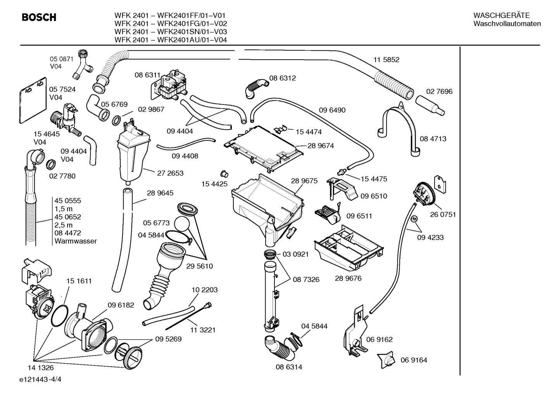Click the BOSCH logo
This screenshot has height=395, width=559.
39,17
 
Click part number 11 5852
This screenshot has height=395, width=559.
386,60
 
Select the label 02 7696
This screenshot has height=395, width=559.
439,91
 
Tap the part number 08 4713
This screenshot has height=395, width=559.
433,139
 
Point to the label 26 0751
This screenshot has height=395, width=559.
443,214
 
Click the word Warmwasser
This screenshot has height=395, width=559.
76,241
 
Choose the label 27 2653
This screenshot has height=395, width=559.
170,173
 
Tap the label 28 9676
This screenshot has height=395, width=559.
348,278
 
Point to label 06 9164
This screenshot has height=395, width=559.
414,360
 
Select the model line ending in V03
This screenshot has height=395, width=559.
171,32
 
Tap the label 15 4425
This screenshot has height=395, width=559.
214,184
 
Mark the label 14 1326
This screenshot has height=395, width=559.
40,367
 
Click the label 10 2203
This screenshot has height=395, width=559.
205,290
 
